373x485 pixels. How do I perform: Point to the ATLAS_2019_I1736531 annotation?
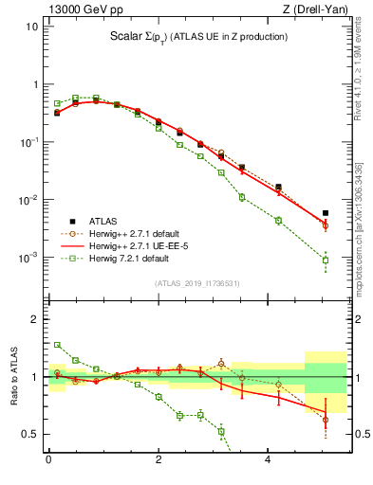[x=197, y=283]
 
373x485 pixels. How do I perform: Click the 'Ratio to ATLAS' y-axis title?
[x=13, y=377]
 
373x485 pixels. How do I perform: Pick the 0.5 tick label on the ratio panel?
[x=30, y=434]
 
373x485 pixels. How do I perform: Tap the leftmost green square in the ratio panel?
[x=57, y=345]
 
